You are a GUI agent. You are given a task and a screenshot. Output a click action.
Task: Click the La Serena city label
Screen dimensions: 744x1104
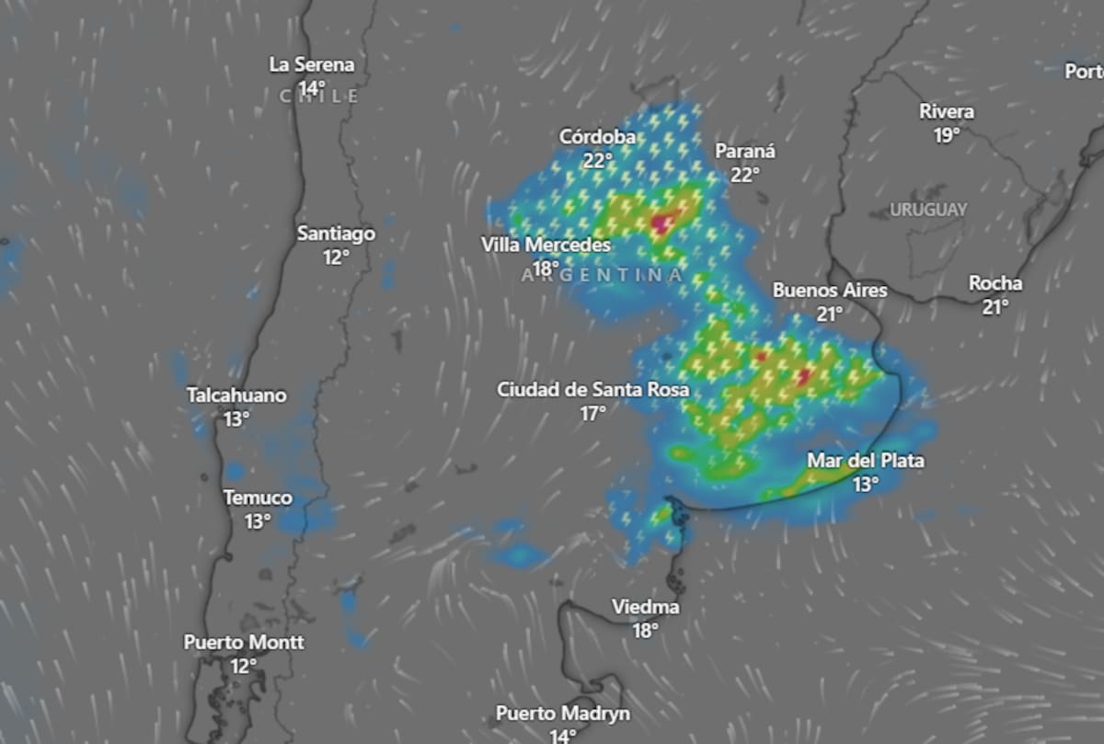pyautogui.click(x=311, y=65)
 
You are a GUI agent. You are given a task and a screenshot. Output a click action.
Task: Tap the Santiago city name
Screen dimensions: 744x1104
pyautogui.click(x=336, y=234)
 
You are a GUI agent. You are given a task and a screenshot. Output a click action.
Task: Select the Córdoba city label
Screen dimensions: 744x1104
pyautogui.click(x=597, y=137)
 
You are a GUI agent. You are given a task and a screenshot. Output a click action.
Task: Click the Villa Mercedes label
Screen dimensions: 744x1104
pyautogui.click(x=546, y=246)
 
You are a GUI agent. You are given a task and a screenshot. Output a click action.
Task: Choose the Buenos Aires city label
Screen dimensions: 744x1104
pyautogui.click(x=830, y=291)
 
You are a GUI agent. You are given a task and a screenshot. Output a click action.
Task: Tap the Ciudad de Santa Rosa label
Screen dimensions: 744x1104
pyautogui.click(x=592, y=390)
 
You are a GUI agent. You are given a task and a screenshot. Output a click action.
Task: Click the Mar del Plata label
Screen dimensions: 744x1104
pyautogui.click(x=865, y=461)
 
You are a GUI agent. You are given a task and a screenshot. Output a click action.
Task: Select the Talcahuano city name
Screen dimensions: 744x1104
pyautogui.click(x=236, y=396)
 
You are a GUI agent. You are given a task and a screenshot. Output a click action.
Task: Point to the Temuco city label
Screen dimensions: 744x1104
pyautogui.click(x=258, y=498)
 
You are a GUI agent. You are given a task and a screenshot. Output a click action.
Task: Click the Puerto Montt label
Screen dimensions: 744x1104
pyautogui.click(x=244, y=643)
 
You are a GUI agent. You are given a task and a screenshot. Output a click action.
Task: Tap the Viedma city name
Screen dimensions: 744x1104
pyautogui.click(x=646, y=608)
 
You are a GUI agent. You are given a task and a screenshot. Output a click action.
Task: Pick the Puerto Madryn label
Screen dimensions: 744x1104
pyautogui.click(x=563, y=714)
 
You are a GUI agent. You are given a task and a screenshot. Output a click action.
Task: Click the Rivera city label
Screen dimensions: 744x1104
pyautogui.click(x=947, y=112)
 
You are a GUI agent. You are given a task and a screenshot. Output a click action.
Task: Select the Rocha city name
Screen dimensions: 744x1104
pyautogui.click(x=995, y=284)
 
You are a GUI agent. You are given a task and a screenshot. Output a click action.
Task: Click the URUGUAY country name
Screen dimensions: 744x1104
pyautogui.click(x=928, y=211)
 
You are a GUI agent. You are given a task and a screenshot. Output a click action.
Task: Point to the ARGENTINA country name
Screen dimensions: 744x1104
pyautogui.click(x=603, y=275)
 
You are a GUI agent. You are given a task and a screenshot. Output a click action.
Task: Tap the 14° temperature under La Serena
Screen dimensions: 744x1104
pyautogui.click(x=312, y=88)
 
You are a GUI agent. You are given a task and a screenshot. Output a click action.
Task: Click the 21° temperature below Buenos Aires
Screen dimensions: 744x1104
pyautogui.click(x=830, y=314)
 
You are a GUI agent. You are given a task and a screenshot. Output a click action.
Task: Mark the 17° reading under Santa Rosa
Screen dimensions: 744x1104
pyautogui.click(x=592, y=414)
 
